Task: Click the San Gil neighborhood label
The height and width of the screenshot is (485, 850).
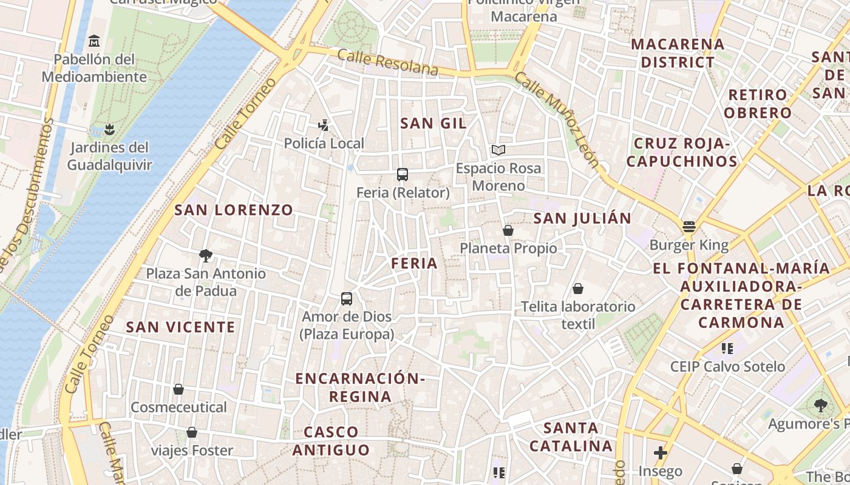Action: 433,124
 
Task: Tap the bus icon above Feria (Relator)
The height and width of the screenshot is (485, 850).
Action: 402,175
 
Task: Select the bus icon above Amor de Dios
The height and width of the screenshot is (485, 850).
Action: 346,298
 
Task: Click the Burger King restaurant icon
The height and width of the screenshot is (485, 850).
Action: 688,227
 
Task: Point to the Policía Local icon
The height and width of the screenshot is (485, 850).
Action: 324,125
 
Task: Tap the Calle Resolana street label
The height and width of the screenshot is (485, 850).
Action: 387,62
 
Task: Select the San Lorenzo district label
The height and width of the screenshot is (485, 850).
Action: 234,210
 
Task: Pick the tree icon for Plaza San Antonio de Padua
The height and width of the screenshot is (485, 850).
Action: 206,255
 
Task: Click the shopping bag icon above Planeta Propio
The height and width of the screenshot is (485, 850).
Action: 508,230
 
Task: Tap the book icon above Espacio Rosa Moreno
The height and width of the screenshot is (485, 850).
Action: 498,150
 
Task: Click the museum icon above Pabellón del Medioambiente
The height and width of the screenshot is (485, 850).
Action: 93,41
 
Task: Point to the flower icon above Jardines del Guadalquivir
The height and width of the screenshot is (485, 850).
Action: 109,129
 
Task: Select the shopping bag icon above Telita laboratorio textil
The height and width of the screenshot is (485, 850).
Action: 578,289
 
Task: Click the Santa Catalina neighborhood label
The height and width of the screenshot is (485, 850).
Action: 571,437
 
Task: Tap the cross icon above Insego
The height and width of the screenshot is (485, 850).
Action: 660,453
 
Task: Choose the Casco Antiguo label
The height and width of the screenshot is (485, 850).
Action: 331,441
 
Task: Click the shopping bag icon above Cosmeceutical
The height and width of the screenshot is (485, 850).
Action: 178,389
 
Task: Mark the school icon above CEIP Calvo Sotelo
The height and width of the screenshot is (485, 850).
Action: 727,348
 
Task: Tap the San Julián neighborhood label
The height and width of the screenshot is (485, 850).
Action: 582,218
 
